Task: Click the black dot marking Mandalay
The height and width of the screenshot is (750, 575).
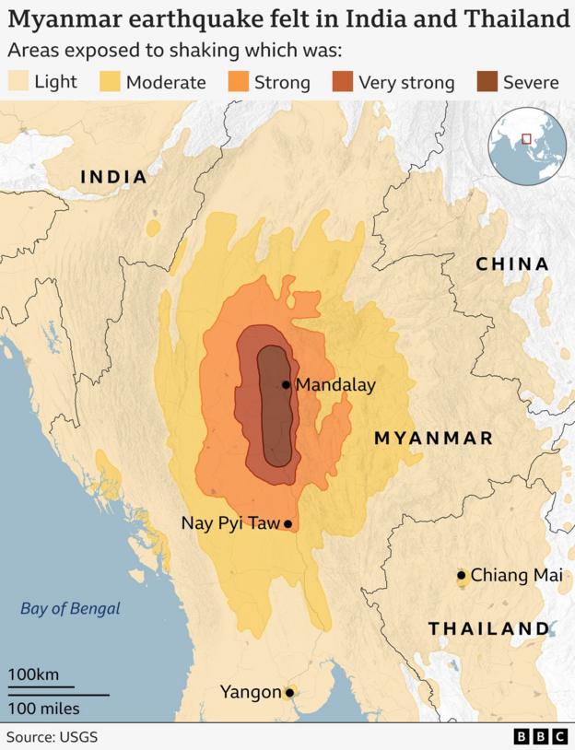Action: (287, 385)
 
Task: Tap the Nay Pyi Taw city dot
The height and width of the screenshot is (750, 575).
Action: (288, 524)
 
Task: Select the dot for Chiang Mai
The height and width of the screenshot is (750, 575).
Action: (462, 576)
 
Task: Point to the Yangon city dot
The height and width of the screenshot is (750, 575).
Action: (289, 692)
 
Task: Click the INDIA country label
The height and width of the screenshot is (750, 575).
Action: (113, 177)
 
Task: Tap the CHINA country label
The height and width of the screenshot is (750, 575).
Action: (512, 264)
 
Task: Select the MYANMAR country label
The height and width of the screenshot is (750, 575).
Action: (433, 439)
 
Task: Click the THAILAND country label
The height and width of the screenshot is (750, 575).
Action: (488, 629)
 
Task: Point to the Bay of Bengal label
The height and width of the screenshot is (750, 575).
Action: (70, 608)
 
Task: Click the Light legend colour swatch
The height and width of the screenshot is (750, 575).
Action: (18, 82)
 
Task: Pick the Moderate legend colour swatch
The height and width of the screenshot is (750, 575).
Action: (110, 82)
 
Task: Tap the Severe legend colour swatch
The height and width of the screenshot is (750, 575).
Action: (487, 82)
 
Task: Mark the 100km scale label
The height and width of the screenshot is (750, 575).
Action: (34, 674)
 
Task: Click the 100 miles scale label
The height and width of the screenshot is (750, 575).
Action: (44, 709)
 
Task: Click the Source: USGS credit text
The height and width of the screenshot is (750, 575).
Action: (52, 737)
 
